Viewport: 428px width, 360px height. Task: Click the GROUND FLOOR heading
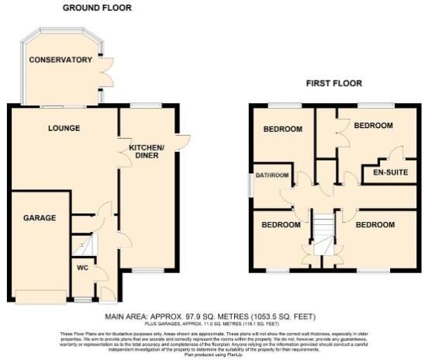click(97, 8)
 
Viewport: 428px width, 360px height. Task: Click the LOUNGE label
click(63, 128)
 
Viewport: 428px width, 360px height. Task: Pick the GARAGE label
click(39, 218)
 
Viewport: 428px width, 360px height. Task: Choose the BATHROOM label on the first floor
click(274, 175)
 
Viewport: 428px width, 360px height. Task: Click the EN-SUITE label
click(390, 172)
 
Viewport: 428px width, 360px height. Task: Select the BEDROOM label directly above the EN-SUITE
click(374, 125)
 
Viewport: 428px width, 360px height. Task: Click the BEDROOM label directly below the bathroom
click(280, 224)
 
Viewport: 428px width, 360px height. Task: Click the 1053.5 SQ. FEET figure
click(285, 317)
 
